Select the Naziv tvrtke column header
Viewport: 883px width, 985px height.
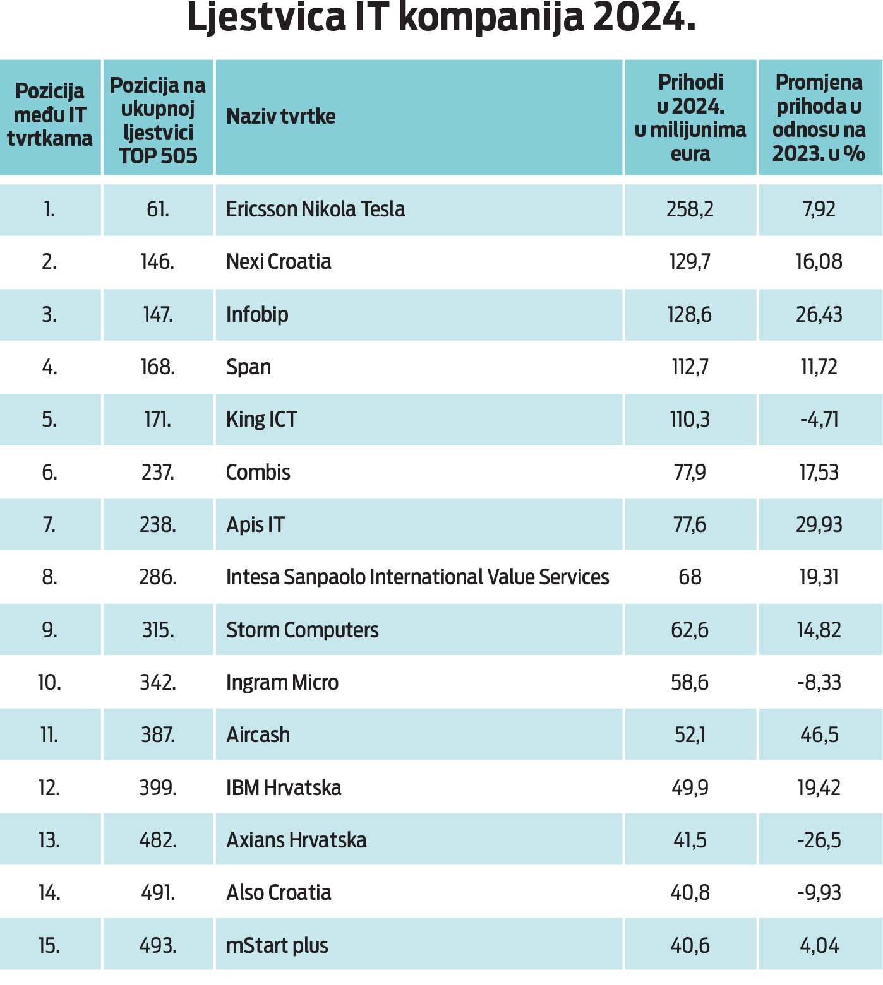pyautogui.click(x=281, y=117)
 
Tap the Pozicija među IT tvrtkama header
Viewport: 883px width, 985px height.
pyautogui.click(x=50, y=115)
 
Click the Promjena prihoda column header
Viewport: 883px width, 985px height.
pyautogui.click(x=819, y=118)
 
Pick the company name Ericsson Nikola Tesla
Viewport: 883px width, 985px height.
pyautogui.click(x=315, y=209)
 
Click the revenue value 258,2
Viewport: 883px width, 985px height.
pyautogui.click(x=690, y=209)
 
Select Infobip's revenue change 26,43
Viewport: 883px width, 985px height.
pyautogui.click(x=819, y=314)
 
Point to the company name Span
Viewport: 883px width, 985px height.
pyautogui.click(x=248, y=367)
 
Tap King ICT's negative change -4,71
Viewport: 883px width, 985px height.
pyautogui.click(x=819, y=420)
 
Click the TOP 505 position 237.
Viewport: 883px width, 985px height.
pyautogui.click(x=158, y=473)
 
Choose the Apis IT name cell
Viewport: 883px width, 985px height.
pyautogui.click(x=255, y=525)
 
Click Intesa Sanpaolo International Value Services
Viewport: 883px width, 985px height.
pyautogui.click(x=417, y=577)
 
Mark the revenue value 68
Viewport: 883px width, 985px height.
pyautogui.click(x=690, y=577)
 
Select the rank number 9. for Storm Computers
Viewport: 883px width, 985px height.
pyautogui.click(x=49, y=630)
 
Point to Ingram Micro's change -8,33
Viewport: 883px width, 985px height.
pyautogui.click(x=819, y=683)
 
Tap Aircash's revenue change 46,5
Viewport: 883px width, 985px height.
pyautogui.click(x=819, y=735)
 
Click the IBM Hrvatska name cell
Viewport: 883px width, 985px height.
pyautogui.click(x=284, y=788)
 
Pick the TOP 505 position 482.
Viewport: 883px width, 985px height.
pyautogui.click(x=158, y=840)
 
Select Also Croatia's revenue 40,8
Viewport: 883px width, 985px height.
pyautogui.click(x=690, y=893)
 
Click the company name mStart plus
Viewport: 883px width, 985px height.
pyautogui.click(x=277, y=946)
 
